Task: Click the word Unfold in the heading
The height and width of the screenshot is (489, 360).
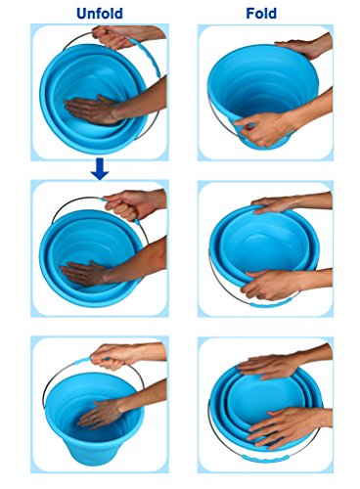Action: click(x=100, y=14)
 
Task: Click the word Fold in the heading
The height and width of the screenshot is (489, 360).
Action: click(x=261, y=14)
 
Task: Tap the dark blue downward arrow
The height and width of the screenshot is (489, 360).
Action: click(x=100, y=169)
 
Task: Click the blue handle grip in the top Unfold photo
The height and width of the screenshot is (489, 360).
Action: click(x=146, y=57)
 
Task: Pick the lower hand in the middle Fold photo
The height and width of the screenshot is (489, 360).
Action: click(x=271, y=285)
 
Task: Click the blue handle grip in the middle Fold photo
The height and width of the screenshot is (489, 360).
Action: click(x=267, y=304)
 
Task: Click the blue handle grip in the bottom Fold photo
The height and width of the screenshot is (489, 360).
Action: click(x=265, y=459)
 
